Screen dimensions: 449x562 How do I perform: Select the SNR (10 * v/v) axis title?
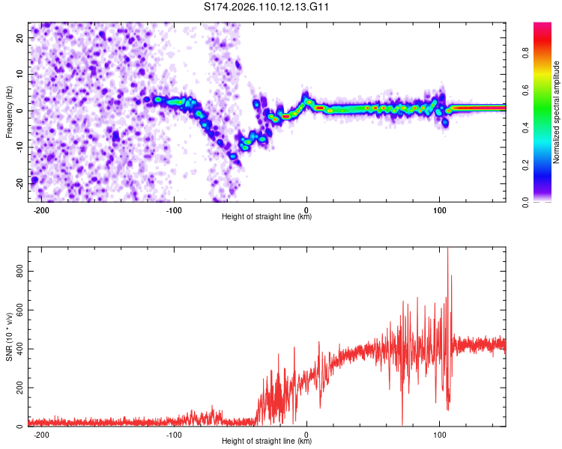click(x=10, y=337)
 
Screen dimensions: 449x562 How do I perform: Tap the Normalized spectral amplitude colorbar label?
click(x=557, y=112)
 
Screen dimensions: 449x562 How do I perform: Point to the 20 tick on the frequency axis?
click(x=22, y=38)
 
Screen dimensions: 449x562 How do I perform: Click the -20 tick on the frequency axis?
click(x=20, y=183)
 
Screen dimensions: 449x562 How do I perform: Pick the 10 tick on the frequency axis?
click(x=22, y=74)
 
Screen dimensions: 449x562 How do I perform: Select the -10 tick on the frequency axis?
click(x=20, y=147)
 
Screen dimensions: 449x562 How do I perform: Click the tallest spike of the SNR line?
click(x=448, y=249)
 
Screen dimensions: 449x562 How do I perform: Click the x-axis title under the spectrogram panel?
click(x=267, y=217)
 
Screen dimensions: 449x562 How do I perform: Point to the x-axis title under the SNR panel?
click(x=267, y=442)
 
